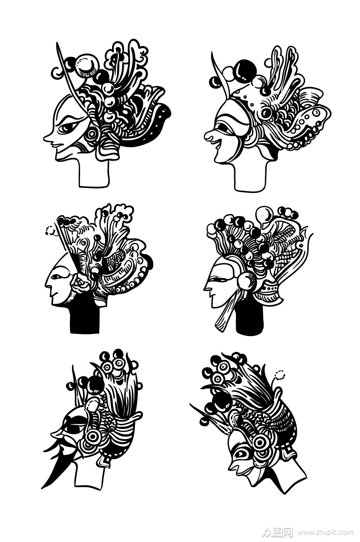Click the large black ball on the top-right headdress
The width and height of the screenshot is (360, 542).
pos(245,71)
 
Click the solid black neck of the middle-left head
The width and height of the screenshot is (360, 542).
pos(85,319)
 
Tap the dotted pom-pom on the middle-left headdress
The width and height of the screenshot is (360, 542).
pos(50,230)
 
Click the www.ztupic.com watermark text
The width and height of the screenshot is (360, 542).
pos(325,531)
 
